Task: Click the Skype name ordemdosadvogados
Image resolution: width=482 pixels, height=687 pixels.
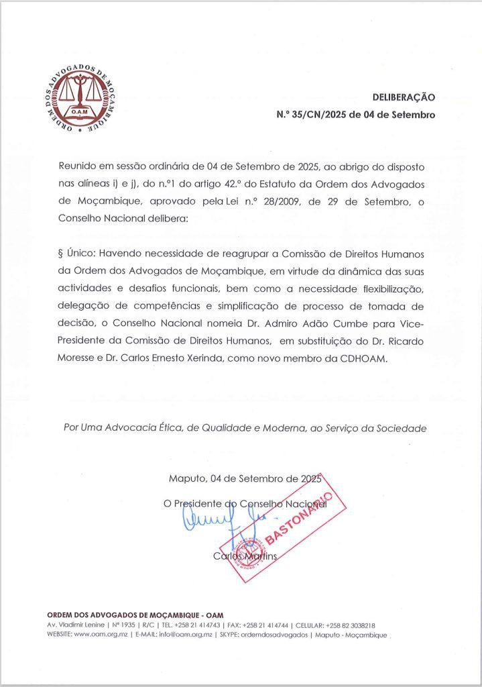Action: point(276,634)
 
